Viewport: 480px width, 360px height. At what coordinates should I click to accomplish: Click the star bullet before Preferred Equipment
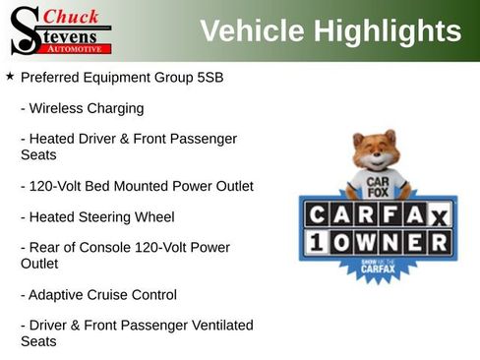coord(10,76)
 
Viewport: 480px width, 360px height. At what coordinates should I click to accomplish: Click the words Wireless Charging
coord(87,108)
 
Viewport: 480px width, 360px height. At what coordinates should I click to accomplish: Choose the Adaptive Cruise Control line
coord(102,294)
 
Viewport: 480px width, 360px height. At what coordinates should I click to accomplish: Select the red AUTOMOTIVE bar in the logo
coord(79,48)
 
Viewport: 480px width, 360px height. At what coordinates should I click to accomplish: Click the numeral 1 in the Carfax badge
coord(318,242)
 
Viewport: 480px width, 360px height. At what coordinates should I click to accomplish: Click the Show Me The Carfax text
coord(378,266)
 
